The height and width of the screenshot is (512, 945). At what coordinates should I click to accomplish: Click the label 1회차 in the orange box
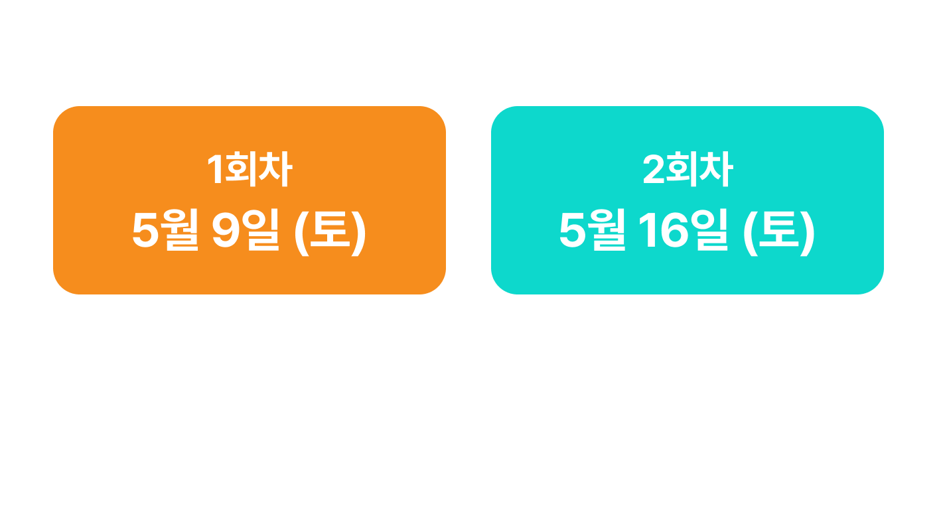pyautogui.click(x=250, y=171)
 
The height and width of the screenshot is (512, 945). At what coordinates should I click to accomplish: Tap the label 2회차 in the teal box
pyautogui.click(x=688, y=171)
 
